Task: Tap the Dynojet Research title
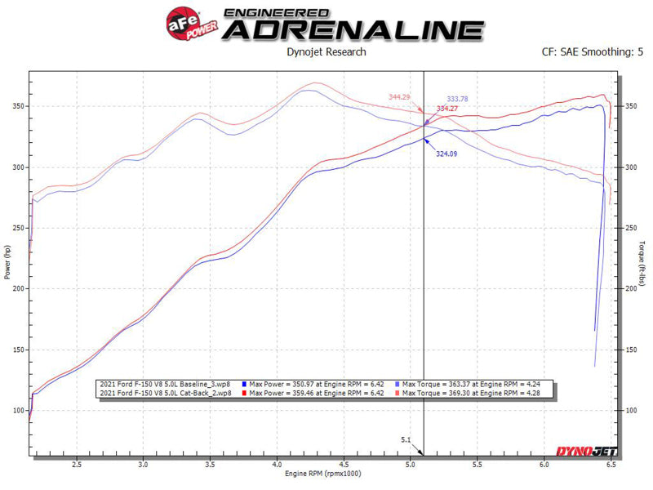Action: pyautogui.click(x=326, y=52)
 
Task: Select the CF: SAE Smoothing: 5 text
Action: pyautogui.click(x=586, y=52)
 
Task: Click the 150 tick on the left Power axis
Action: pyautogui.click(x=18, y=350)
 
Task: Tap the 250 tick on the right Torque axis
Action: pyautogui.click(x=631, y=229)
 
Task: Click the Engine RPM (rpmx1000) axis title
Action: pyautogui.click(x=321, y=474)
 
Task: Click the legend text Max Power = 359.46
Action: pyautogui.click(x=285, y=393)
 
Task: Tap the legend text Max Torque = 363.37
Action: pyautogui.click(x=432, y=384)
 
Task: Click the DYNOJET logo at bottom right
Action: pyautogui.click(x=581, y=452)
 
